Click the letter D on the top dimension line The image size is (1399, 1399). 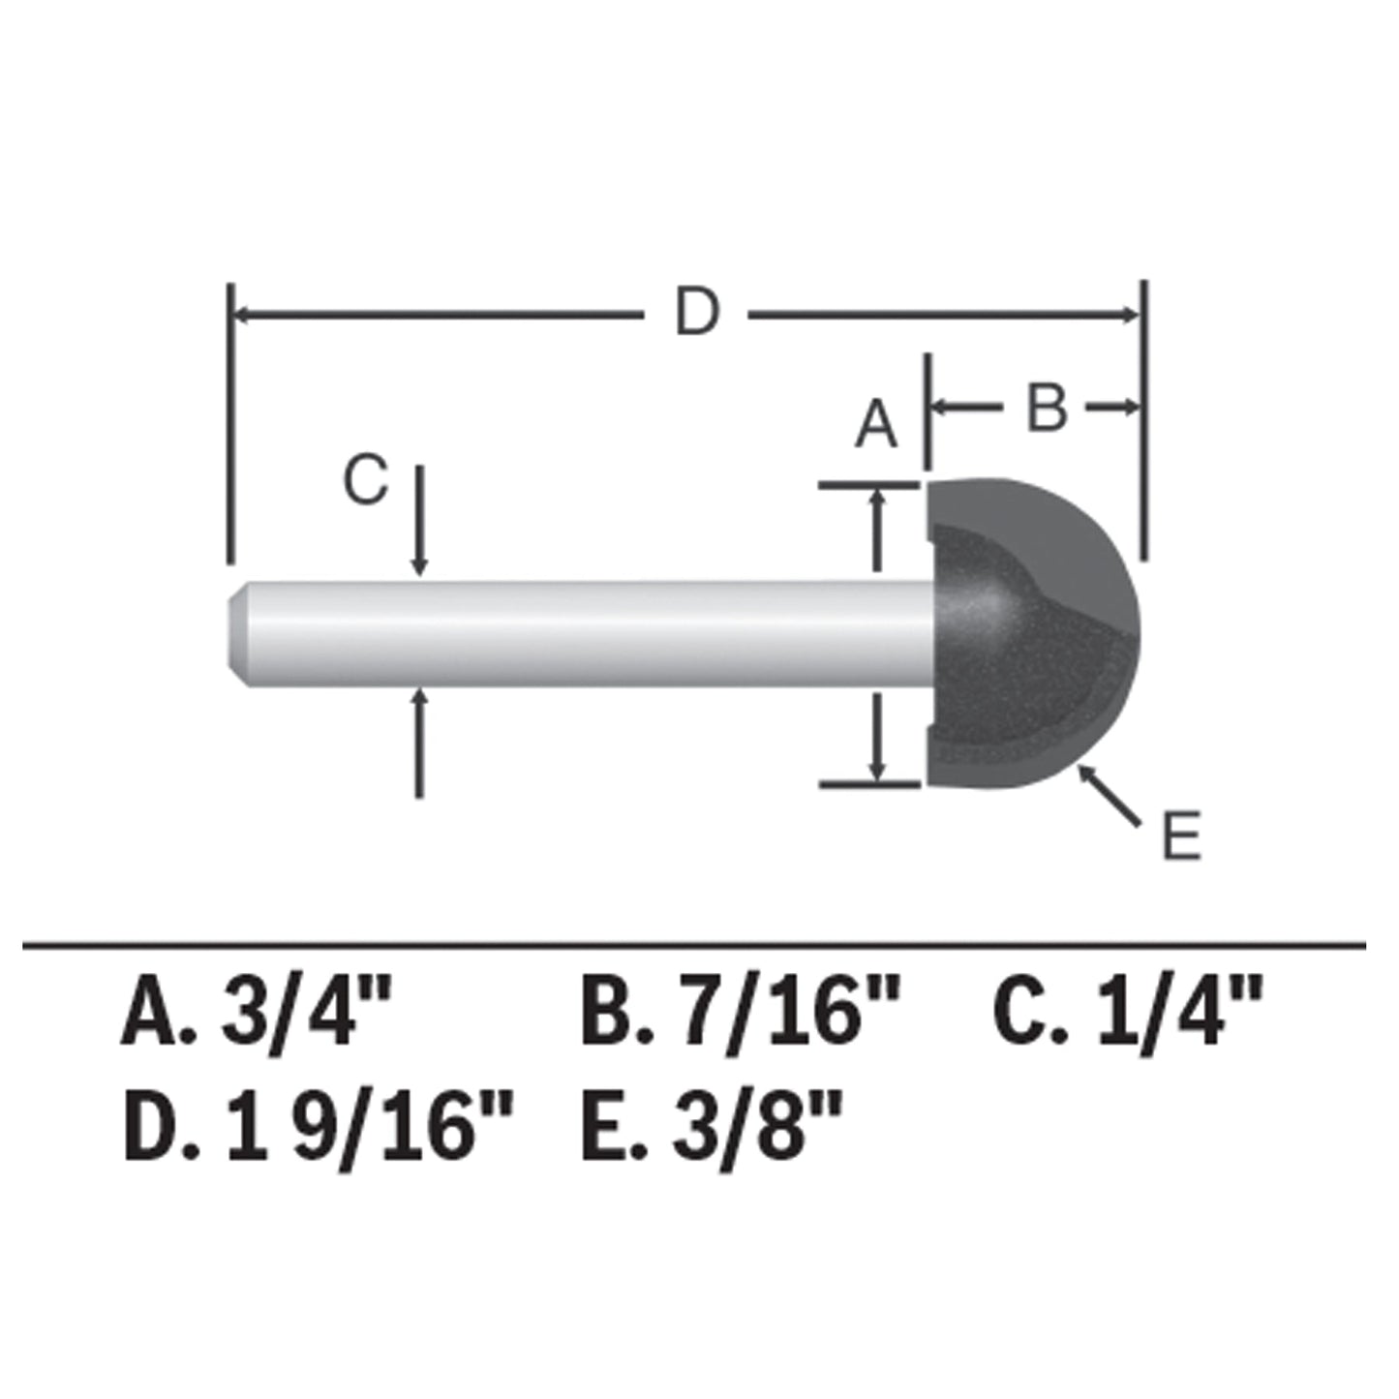click(x=697, y=313)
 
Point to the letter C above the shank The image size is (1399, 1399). click(x=366, y=480)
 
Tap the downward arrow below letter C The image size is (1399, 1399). click(x=419, y=523)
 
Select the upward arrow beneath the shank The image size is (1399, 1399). click(x=419, y=741)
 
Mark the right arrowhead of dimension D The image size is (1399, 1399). click(x=1129, y=314)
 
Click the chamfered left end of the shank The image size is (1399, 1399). click(x=237, y=634)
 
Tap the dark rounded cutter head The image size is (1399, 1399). click(x=1031, y=634)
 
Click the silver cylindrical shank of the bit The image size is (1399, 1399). click(x=581, y=634)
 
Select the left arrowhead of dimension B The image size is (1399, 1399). click(x=941, y=408)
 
